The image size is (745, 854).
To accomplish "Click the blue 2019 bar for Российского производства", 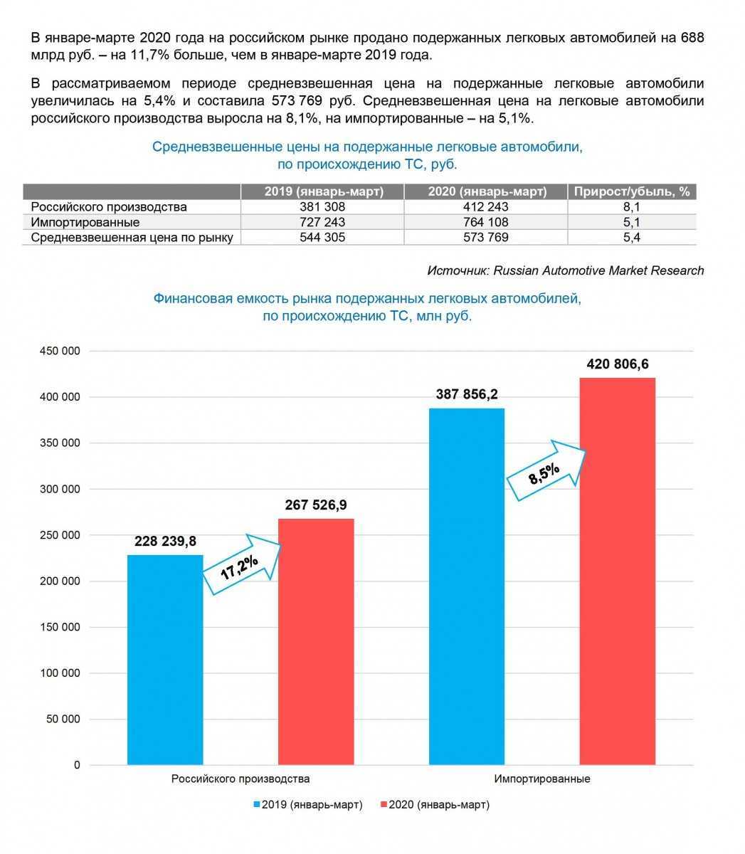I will (x=165, y=660).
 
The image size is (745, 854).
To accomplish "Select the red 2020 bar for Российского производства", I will (x=316, y=641).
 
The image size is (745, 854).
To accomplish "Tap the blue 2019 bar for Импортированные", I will (x=467, y=586).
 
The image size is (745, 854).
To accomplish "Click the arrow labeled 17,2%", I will (x=241, y=565).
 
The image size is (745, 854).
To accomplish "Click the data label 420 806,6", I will (x=617, y=364).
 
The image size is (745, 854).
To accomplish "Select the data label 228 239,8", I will (x=165, y=542).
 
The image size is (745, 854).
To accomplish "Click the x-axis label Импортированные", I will (x=542, y=779).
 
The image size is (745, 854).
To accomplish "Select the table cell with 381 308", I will (x=322, y=207).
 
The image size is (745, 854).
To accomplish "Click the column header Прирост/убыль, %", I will (x=632, y=191).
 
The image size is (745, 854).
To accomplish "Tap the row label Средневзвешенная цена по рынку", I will (x=132, y=238).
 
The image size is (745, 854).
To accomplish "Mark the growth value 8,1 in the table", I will (x=632, y=207).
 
